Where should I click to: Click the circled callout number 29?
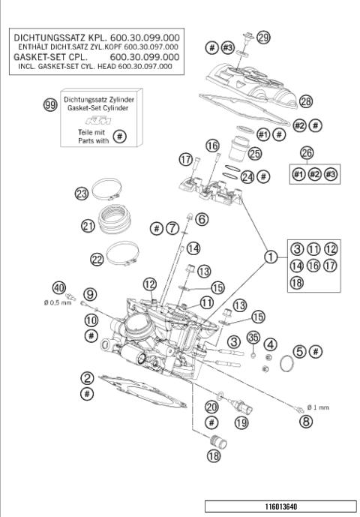tap(262, 37)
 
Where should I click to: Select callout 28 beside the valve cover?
tap(304, 101)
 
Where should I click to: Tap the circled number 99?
tap(50, 106)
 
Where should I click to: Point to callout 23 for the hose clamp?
tap(82, 193)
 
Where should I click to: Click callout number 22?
tap(97, 259)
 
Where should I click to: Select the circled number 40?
tap(58, 287)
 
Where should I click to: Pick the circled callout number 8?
tap(305, 422)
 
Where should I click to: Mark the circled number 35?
tap(253, 337)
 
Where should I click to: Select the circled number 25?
tap(254, 154)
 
